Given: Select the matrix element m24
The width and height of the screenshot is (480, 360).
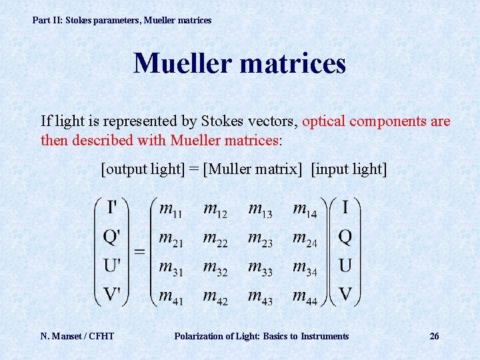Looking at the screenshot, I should [305, 239].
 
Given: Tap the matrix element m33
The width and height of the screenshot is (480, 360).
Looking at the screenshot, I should [260, 267].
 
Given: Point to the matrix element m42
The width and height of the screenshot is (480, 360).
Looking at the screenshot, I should [215, 297].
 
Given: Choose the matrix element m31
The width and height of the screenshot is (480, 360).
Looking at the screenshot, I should [170, 267].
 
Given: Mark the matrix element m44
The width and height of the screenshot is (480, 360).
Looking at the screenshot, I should [305, 297].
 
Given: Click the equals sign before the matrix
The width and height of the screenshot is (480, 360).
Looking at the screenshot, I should [140, 251].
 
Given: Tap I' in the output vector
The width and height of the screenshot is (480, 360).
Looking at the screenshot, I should [113, 207].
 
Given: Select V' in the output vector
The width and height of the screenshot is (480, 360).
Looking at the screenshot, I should [113, 295].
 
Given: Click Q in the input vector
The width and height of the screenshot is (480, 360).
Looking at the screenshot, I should [345, 237].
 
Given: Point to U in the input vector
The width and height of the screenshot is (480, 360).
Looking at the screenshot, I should [345, 266].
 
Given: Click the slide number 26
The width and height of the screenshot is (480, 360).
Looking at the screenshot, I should [434, 336].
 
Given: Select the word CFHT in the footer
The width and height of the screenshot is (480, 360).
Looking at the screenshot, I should [101, 336].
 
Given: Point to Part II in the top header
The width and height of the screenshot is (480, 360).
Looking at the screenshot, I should [47, 20].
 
